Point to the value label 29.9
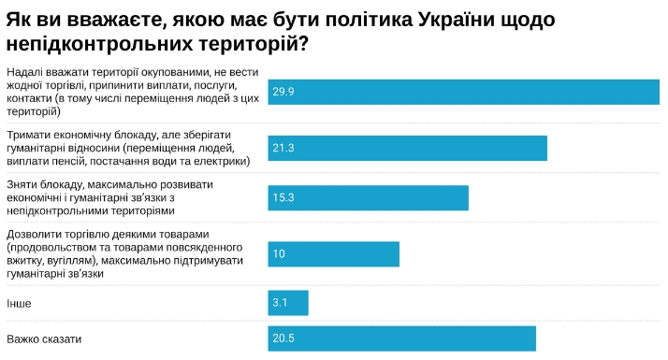tap(283, 92)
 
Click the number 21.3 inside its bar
tap(283, 148)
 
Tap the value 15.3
tap(283, 197)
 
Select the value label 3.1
tap(280, 303)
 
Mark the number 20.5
tap(283, 338)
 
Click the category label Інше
tap(19, 304)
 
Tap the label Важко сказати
tap(44, 338)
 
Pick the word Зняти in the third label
tap(22, 184)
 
